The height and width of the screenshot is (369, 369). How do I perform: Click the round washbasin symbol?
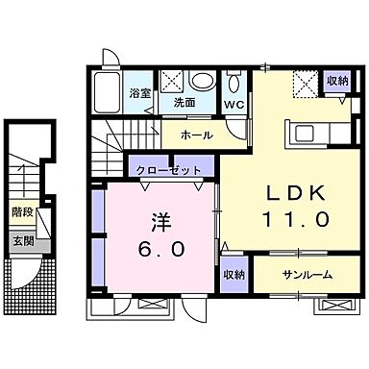203,81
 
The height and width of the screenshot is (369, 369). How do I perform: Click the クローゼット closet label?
168,170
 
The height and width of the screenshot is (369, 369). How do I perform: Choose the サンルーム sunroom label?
307,275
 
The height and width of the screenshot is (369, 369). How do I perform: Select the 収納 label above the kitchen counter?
335,82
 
